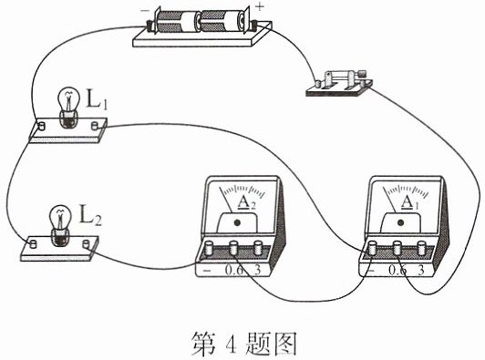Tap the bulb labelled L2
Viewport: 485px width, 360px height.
click(x=60, y=225)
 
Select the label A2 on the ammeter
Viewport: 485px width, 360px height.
click(x=246, y=203)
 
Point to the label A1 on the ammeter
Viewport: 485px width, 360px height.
click(x=409, y=203)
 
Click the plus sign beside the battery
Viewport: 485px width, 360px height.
click(x=260, y=6)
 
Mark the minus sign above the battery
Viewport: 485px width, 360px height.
click(x=144, y=10)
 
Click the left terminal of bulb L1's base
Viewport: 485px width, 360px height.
click(x=41, y=126)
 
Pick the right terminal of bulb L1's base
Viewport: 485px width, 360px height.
click(x=95, y=126)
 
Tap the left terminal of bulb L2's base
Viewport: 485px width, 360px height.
click(x=33, y=244)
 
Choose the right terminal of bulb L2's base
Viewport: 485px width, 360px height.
click(x=87, y=243)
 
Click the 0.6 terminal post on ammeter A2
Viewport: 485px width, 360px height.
click(x=233, y=248)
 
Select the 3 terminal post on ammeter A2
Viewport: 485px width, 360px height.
click(x=258, y=248)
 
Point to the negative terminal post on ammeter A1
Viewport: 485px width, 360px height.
click(x=372, y=249)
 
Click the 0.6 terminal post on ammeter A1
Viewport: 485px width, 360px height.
click(x=397, y=248)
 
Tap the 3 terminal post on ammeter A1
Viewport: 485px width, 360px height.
click(x=421, y=248)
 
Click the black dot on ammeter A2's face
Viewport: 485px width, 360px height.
click(x=237, y=222)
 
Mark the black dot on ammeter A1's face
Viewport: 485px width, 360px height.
click(x=400, y=222)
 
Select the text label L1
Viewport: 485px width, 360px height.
click(x=97, y=99)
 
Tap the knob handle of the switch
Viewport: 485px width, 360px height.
click(x=362, y=74)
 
